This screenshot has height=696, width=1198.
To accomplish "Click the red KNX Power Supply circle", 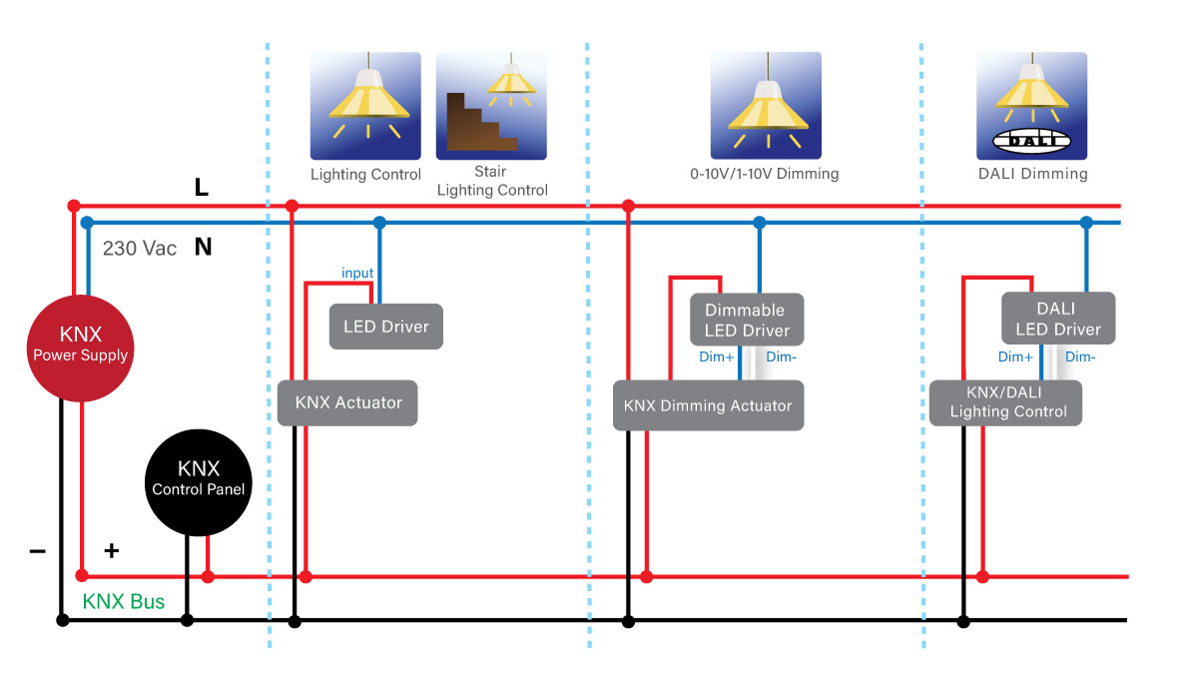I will pyautogui.click(x=80, y=345).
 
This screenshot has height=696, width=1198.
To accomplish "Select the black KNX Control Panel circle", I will pyautogui.click(x=198, y=478).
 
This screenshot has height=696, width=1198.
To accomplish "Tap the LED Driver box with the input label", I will pyautogui.click(x=386, y=327).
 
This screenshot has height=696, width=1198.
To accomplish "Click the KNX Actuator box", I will pyautogui.click(x=348, y=403).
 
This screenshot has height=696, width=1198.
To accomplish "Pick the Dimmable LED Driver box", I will pyautogui.click(x=747, y=320).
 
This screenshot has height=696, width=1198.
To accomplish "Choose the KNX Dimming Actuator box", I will pyautogui.click(x=708, y=405).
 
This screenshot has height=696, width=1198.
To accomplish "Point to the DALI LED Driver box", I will pyautogui.click(x=1057, y=319).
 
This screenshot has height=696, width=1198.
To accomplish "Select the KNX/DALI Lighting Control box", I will pyautogui.click(x=1006, y=402).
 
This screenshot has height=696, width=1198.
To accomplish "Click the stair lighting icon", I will pyautogui.click(x=491, y=106).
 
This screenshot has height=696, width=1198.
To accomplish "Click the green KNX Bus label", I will pyautogui.click(x=124, y=602).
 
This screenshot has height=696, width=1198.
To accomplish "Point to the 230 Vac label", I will pyautogui.click(x=140, y=249).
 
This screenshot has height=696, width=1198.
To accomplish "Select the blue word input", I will pyautogui.click(x=357, y=273).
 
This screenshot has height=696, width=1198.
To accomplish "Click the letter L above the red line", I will pyautogui.click(x=202, y=187).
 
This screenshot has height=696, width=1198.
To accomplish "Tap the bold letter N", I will pyautogui.click(x=203, y=248).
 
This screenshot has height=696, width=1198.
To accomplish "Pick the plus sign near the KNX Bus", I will pyautogui.click(x=112, y=550).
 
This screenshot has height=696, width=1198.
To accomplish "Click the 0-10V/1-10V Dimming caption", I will pyautogui.click(x=765, y=174).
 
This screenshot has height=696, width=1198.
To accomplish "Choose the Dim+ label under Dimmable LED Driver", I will pyautogui.click(x=715, y=356).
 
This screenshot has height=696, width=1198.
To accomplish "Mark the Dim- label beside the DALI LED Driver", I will pyautogui.click(x=1080, y=356).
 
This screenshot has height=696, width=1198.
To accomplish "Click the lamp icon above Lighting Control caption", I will pyautogui.click(x=366, y=106).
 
